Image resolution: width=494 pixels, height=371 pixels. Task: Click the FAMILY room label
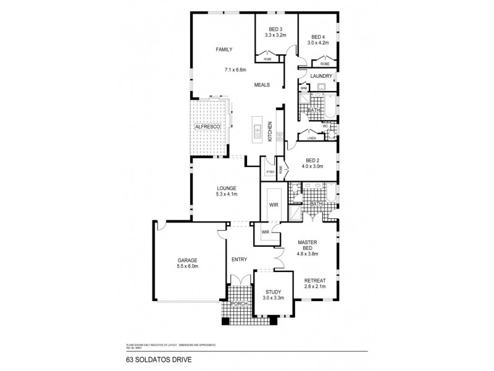(223, 49)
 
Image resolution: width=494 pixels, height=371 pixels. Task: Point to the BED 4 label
(319, 36)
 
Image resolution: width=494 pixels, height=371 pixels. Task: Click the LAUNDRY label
(321, 76)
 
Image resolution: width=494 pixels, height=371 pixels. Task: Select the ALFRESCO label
(208, 126)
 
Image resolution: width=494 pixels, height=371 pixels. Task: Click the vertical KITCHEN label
(270, 132)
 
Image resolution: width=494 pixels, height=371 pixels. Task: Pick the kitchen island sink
(257, 131)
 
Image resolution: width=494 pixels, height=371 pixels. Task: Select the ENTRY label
(240, 260)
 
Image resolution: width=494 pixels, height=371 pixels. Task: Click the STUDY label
(273, 292)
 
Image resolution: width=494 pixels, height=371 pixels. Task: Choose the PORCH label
(238, 304)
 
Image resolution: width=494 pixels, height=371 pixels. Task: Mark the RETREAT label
(315, 281)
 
